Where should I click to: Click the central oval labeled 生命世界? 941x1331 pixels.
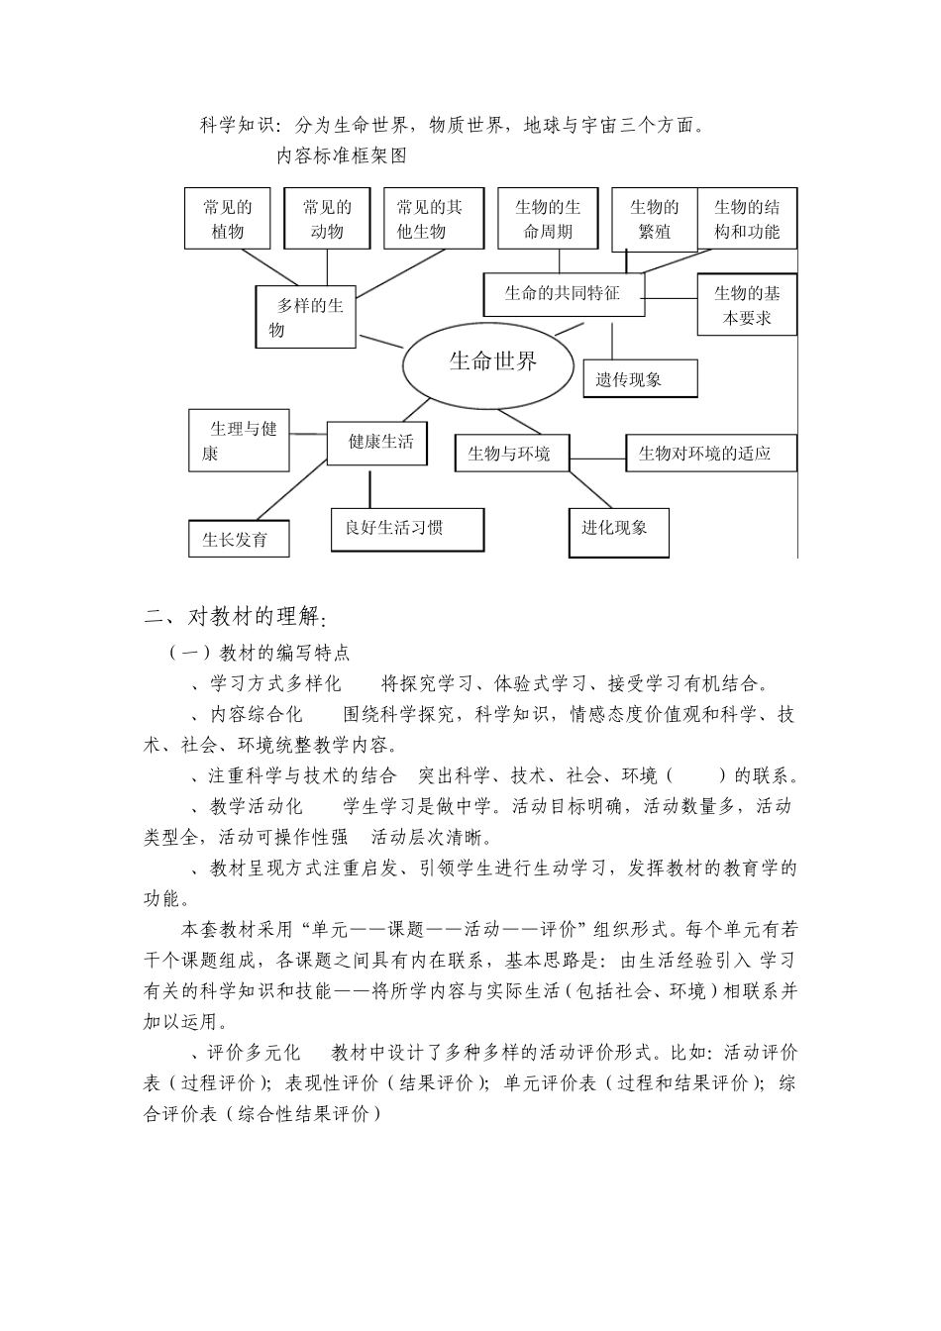pyautogui.click(x=488, y=362)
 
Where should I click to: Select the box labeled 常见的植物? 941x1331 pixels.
pyautogui.click(x=227, y=219)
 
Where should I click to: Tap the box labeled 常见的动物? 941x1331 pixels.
pyautogui.click(x=327, y=219)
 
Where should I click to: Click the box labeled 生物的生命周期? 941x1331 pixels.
pyautogui.click(x=547, y=219)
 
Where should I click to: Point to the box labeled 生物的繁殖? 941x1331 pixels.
pyautogui.click(x=654, y=219)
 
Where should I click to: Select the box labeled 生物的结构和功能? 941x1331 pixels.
pyautogui.click(x=747, y=219)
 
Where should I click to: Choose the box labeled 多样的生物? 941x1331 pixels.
pyautogui.click(x=306, y=317)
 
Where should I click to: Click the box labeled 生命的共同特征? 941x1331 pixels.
pyautogui.click(x=563, y=294)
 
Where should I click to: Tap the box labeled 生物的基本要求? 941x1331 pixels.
pyautogui.click(x=747, y=305)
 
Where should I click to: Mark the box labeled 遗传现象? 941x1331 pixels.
pyautogui.click(x=640, y=377)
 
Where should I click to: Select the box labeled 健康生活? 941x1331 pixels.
pyautogui.click(x=377, y=442)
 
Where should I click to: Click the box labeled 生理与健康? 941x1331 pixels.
pyautogui.click(x=240, y=442)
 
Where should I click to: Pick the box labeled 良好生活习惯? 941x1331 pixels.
pyautogui.click(x=407, y=529)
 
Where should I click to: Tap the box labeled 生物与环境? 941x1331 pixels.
pyautogui.click(x=511, y=454)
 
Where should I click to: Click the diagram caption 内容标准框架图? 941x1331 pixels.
pyautogui.click(x=341, y=154)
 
